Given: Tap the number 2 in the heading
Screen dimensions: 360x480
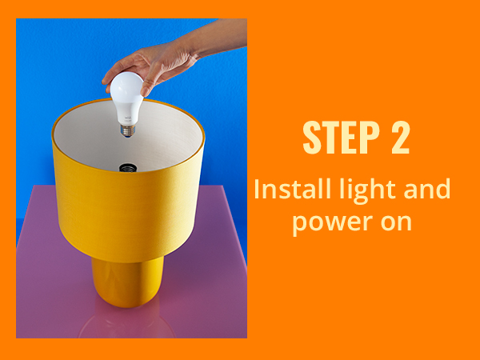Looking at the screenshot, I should (x=401, y=138).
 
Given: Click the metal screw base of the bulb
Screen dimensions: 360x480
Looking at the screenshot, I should (x=126, y=128).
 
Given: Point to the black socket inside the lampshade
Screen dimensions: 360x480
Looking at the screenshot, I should (x=127, y=169).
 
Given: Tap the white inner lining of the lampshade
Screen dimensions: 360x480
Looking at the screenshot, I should (x=168, y=136).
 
